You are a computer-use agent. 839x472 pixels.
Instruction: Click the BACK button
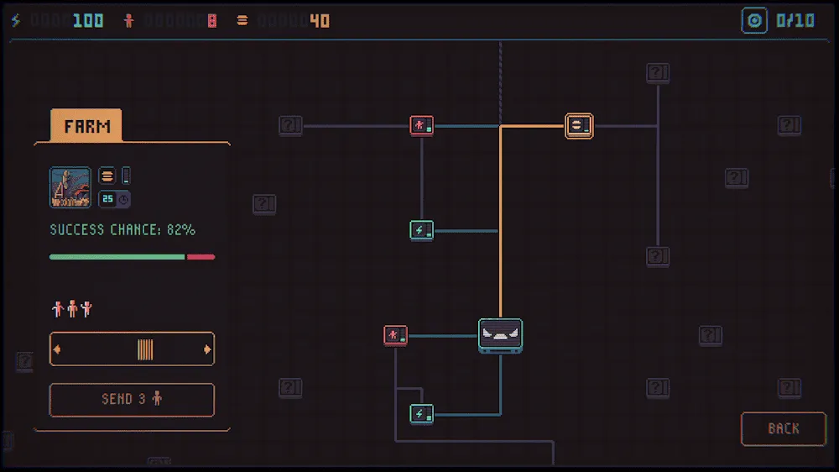click(x=784, y=428)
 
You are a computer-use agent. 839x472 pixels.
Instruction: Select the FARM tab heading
click(x=86, y=126)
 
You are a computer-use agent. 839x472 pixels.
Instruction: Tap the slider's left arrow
click(x=57, y=349)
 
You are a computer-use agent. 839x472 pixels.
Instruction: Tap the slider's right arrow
click(x=207, y=349)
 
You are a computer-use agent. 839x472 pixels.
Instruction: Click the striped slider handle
click(x=145, y=349)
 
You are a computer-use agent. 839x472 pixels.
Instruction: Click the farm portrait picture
click(x=70, y=187)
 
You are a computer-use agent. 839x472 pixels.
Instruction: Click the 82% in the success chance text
click(x=181, y=230)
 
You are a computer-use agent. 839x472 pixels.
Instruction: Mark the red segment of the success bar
click(x=201, y=257)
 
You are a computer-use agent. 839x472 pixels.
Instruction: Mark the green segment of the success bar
click(x=117, y=257)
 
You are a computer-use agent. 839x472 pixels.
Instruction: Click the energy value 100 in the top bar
click(x=88, y=21)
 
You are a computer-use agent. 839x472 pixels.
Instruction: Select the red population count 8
click(x=212, y=21)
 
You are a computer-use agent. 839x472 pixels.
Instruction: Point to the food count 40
click(x=320, y=21)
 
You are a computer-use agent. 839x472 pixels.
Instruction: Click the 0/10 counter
click(x=795, y=21)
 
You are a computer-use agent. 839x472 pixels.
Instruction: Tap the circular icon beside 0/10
click(x=754, y=21)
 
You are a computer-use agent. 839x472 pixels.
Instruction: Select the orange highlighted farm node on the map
click(x=579, y=126)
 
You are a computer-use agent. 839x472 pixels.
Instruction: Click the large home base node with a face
click(x=500, y=336)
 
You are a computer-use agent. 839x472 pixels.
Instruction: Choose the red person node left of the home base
click(x=395, y=336)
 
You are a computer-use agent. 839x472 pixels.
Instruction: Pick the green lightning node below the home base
click(x=422, y=414)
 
